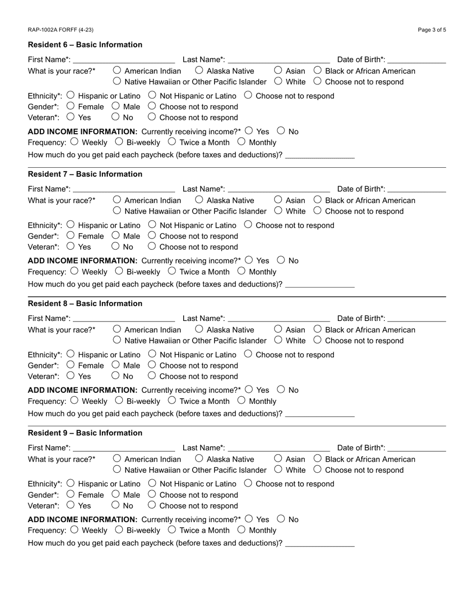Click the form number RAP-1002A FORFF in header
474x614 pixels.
[60, 30]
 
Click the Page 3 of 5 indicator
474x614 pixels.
[432, 30]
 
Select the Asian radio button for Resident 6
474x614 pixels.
[278, 70]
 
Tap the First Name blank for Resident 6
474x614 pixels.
[124, 60]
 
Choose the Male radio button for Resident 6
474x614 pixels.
[116, 106]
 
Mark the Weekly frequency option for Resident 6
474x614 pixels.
[75, 142]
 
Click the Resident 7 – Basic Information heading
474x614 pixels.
[85, 174]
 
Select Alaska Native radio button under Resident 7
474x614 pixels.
[199, 200]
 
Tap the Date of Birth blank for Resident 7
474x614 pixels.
[417, 189]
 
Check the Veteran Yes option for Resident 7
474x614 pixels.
[70, 246]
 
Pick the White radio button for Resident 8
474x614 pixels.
[278, 340]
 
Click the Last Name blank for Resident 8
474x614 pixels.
[278, 318]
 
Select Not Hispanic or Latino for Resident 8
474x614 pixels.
[153, 354]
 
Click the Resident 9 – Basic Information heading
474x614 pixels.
[85, 433]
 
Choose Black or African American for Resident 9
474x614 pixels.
[318, 458]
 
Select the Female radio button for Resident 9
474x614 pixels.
[70, 494]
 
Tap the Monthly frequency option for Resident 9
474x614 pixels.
[241, 530]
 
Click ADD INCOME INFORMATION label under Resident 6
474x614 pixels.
[82, 132]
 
